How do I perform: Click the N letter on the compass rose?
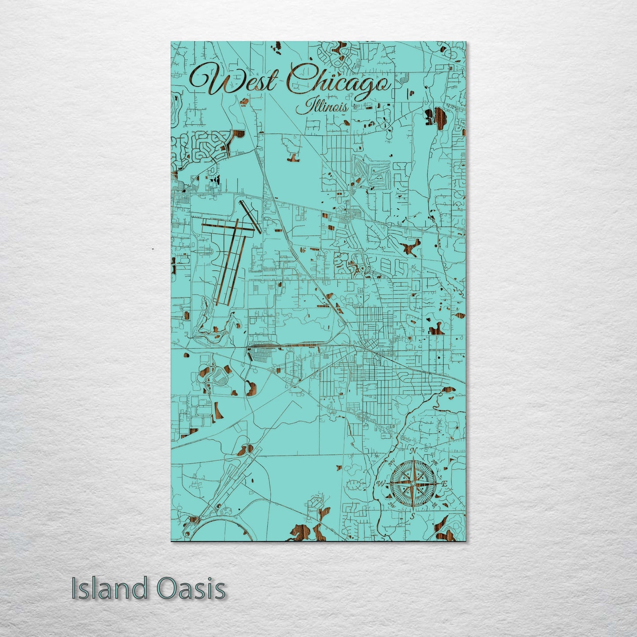click(413, 451)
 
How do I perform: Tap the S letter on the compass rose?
click(413, 515)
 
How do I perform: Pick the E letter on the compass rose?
click(444, 484)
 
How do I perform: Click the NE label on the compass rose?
click(435, 462)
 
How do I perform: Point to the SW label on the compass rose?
click(391, 506)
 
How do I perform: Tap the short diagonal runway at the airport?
click(250, 216)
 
